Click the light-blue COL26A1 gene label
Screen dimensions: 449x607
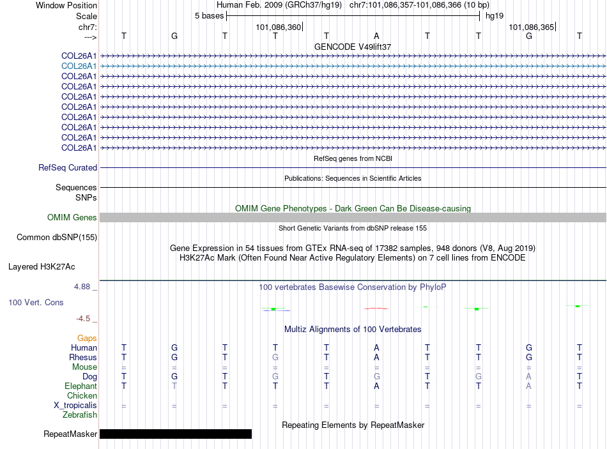tap(79, 66)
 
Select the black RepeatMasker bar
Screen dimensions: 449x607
tap(176, 434)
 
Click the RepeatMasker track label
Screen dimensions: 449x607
tap(70, 434)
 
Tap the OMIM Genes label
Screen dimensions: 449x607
tap(72, 218)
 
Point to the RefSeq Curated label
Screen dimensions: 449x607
tap(68, 168)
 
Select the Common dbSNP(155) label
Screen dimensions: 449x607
tap(56, 238)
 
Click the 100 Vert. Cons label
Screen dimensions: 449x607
tap(36, 302)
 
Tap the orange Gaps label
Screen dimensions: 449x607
tap(87, 338)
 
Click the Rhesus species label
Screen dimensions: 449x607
tap(83, 358)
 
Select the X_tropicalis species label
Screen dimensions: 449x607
tap(75, 406)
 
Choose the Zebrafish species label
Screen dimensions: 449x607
tap(80, 415)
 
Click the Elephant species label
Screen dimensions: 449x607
tap(81, 386)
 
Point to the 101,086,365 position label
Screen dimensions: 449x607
tap(530, 27)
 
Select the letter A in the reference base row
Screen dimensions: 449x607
tap(377, 36)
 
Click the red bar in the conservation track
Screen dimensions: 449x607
tap(377, 308)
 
